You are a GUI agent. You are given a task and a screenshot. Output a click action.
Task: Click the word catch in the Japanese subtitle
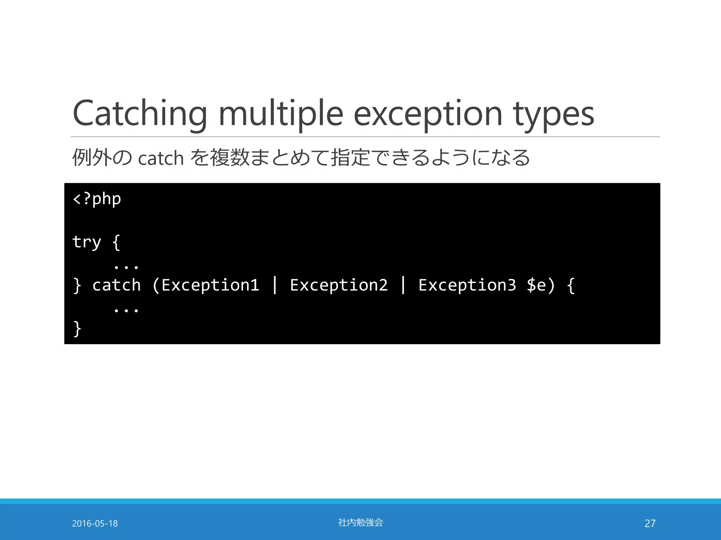(161, 159)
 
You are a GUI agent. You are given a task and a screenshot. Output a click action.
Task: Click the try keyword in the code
(87, 242)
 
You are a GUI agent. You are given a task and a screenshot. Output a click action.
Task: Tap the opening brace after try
(116, 242)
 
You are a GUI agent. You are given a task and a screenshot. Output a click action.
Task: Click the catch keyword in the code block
(117, 285)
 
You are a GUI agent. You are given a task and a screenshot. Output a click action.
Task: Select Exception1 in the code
(210, 285)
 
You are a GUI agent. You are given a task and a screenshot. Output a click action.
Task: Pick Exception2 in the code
(339, 285)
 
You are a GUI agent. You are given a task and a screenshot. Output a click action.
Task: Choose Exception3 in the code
(467, 285)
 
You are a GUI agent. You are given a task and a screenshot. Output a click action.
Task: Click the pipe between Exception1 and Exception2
(275, 285)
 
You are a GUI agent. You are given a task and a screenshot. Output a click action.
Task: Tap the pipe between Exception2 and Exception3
(403, 285)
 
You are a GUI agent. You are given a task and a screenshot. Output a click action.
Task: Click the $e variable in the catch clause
(536, 285)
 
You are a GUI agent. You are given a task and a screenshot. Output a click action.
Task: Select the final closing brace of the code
(77, 329)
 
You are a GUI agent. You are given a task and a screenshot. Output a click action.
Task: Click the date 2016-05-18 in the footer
(95, 523)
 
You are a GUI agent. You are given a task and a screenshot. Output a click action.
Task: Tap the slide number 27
(650, 523)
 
